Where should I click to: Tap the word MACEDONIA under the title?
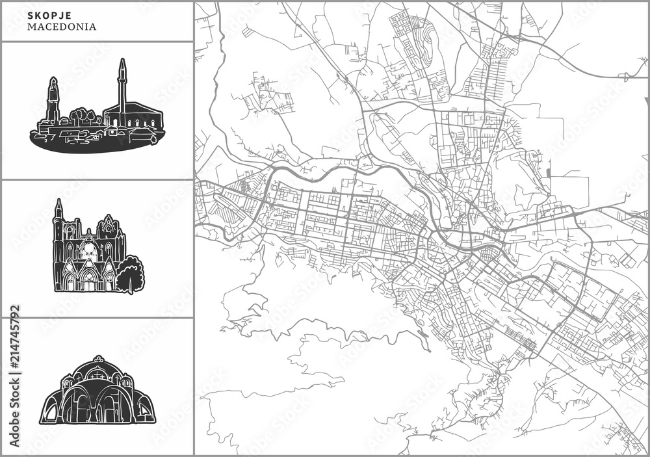(62, 27)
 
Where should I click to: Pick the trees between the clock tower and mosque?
(82, 116)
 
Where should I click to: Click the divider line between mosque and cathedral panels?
(97, 179)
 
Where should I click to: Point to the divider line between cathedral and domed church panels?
(97, 318)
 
